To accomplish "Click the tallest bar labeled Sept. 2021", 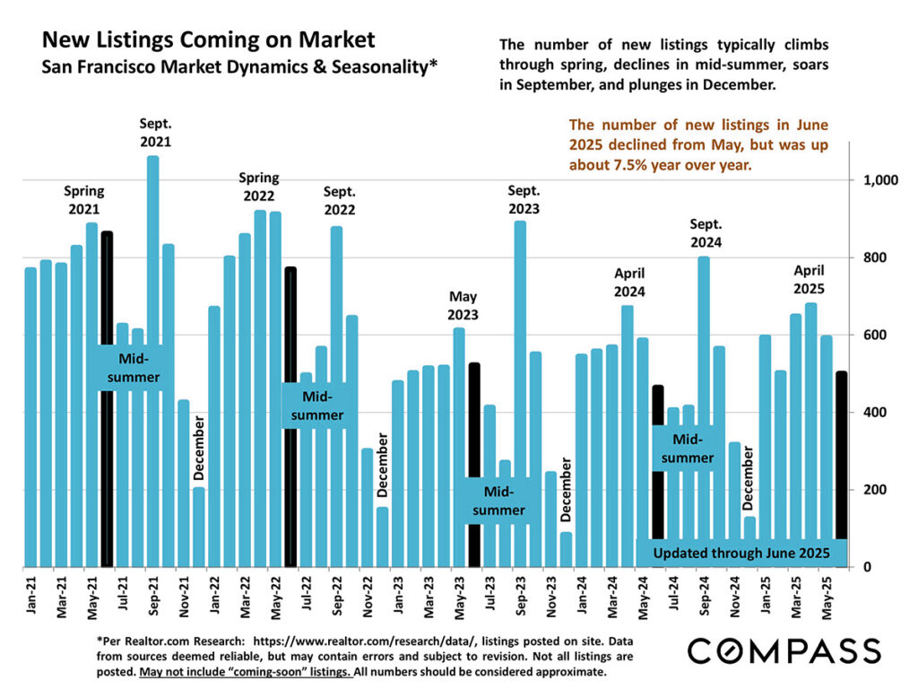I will point(153,359).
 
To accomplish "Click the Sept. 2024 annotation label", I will point(706,232).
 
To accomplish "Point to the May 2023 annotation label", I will point(463,305).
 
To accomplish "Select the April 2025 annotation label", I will point(810,277).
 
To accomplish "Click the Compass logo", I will point(782,650).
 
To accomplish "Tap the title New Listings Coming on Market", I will point(209,40).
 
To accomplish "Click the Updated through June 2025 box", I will point(742,553).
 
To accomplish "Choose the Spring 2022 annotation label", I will point(258,186).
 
